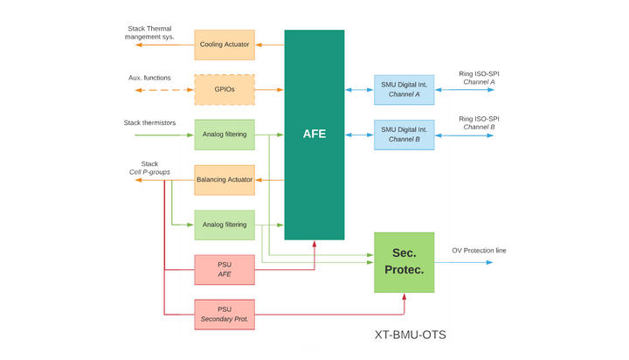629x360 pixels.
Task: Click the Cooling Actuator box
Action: (225, 45)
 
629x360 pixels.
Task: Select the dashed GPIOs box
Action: (225, 89)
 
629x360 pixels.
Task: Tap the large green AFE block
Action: (314, 135)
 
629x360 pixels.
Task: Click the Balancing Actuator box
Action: (225, 180)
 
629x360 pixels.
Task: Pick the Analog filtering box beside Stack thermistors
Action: (225, 135)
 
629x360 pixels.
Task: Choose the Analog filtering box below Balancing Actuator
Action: (225, 225)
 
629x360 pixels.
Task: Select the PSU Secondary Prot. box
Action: (225, 315)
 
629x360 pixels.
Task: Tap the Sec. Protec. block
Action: (404, 262)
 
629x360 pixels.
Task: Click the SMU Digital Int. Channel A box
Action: (404, 89)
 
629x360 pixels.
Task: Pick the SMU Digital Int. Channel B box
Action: (404, 135)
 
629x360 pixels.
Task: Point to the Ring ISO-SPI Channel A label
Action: (479, 78)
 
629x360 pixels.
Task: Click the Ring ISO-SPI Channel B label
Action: (479, 123)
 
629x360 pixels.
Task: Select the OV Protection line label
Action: (479, 251)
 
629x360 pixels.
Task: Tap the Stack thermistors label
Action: (149, 123)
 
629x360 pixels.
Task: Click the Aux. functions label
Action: (149, 78)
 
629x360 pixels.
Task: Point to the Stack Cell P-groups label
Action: (149, 168)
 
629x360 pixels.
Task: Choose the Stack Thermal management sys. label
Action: (149, 33)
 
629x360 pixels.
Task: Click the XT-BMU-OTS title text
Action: (410, 335)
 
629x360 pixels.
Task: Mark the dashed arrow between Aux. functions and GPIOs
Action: (164, 89)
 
